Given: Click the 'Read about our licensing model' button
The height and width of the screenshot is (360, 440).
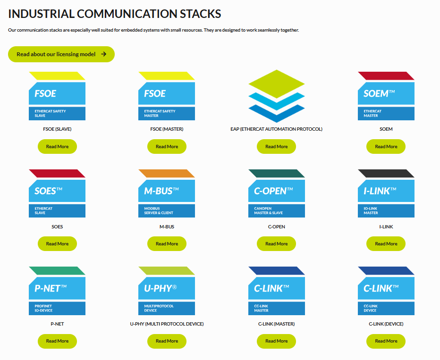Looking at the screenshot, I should (x=61, y=54).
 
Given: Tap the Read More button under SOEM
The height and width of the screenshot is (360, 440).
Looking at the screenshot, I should (x=386, y=147).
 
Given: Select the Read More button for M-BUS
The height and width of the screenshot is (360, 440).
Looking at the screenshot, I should (x=167, y=244).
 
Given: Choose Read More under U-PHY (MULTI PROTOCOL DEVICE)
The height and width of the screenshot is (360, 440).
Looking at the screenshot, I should (x=167, y=341).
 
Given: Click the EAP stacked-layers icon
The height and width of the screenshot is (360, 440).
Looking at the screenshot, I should (x=276, y=96).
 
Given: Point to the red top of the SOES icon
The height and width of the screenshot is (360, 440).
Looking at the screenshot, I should (x=57, y=173).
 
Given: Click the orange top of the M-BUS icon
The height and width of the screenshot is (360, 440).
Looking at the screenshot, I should (x=166, y=173).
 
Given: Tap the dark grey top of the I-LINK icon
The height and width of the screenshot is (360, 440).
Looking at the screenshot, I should (x=386, y=173).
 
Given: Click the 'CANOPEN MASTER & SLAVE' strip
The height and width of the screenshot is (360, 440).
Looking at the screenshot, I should (x=276, y=211).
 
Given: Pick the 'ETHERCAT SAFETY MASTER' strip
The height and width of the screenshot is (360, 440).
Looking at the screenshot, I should (x=167, y=114).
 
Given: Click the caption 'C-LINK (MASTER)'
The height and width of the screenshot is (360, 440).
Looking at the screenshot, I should (x=276, y=324).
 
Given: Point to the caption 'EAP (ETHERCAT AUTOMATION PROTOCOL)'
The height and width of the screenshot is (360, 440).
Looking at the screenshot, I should (x=276, y=129).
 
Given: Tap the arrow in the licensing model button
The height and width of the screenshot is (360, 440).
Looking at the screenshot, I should (x=104, y=54).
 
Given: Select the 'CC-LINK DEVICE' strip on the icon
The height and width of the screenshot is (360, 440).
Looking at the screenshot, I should (x=386, y=308).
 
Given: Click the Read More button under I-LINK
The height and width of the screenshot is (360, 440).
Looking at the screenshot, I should (x=386, y=244).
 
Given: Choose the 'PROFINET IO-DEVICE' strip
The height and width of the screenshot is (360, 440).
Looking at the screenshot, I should (x=57, y=308).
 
